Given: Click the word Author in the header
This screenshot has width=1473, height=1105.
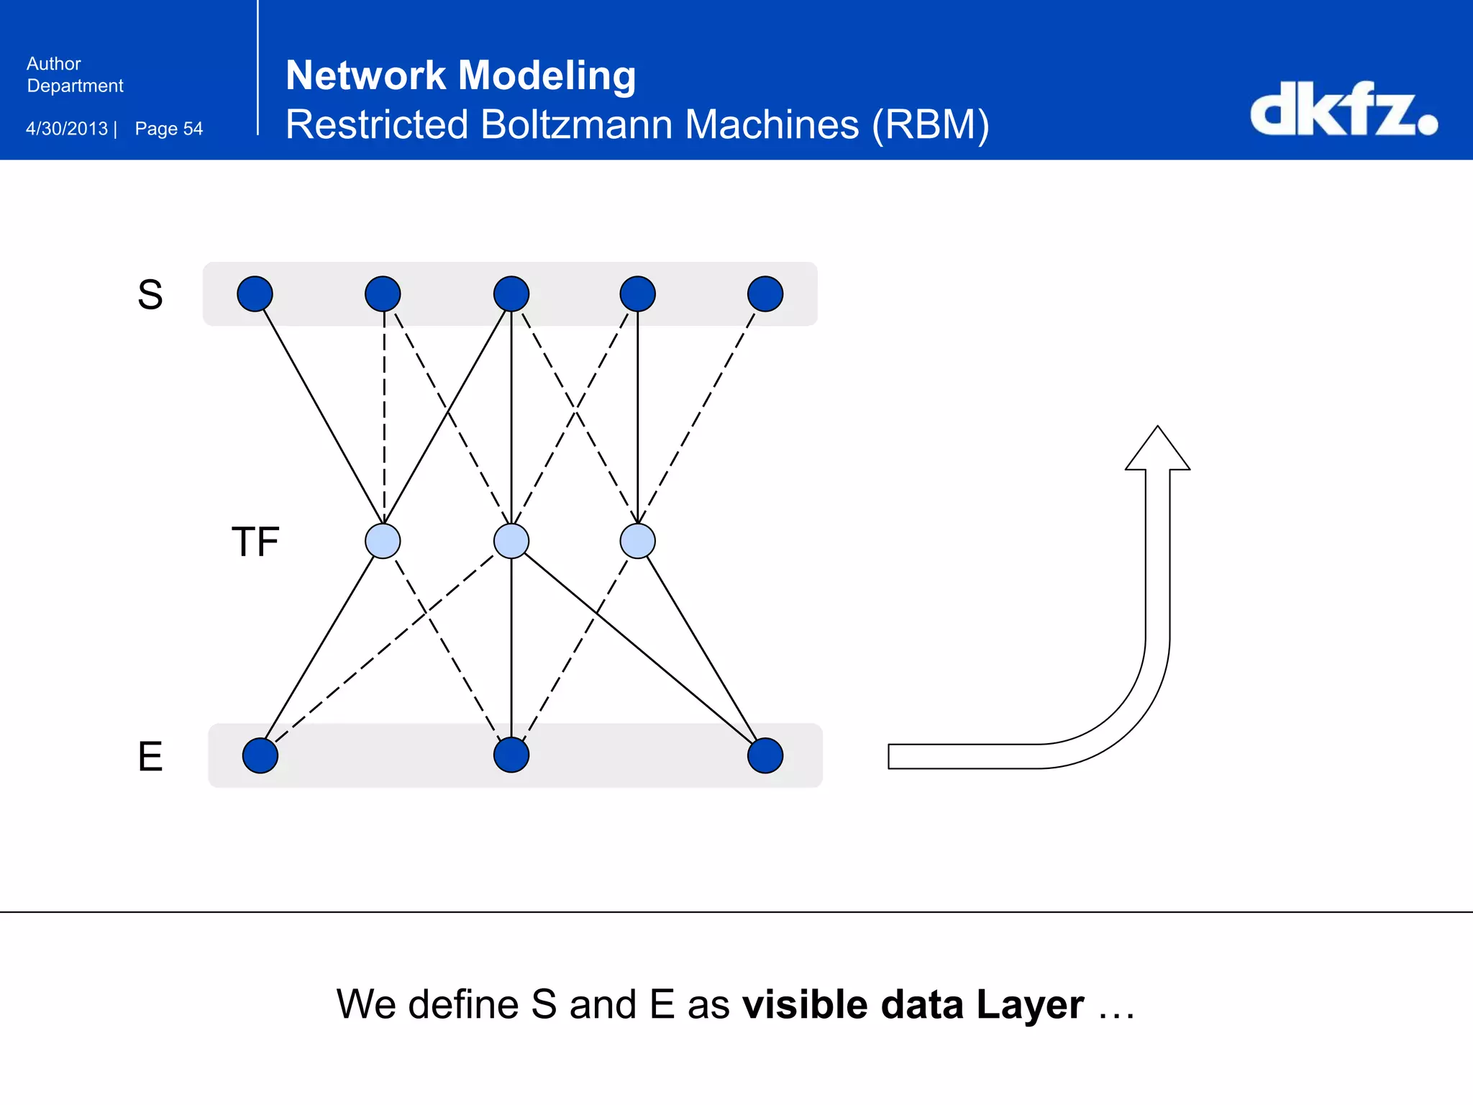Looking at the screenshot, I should pyautogui.click(x=54, y=64).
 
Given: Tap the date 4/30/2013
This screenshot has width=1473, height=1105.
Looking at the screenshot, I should pyautogui.click(x=67, y=129).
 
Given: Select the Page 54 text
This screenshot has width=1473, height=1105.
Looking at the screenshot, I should pyautogui.click(x=169, y=129).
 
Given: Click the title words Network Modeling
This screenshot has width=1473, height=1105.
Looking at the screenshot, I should pyautogui.click(x=460, y=75).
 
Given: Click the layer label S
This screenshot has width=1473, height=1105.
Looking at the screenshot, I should pyautogui.click(x=150, y=294).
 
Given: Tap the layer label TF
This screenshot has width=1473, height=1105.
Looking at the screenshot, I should pyautogui.click(x=255, y=542).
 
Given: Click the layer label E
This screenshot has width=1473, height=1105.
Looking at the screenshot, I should pyautogui.click(x=150, y=756).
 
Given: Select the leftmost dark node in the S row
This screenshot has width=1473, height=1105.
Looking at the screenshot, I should pyautogui.click(x=255, y=294).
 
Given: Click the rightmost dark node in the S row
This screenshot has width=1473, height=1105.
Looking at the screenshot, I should pyautogui.click(x=765, y=294).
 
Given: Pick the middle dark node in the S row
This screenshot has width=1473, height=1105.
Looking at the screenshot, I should pyautogui.click(x=511, y=294).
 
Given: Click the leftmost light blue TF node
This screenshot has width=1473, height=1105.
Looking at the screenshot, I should pyautogui.click(x=383, y=541).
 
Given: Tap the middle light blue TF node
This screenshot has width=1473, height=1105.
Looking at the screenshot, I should pyautogui.click(x=511, y=541).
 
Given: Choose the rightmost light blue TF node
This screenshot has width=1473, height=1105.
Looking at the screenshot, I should pyautogui.click(x=637, y=541).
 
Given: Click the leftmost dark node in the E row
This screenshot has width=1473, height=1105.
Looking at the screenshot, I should pyautogui.click(x=260, y=755).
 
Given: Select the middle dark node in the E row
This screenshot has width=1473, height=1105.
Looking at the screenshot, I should pyautogui.click(x=511, y=755).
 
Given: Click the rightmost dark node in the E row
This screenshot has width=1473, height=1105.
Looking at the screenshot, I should pyautogui.click(x=765, y=755).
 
